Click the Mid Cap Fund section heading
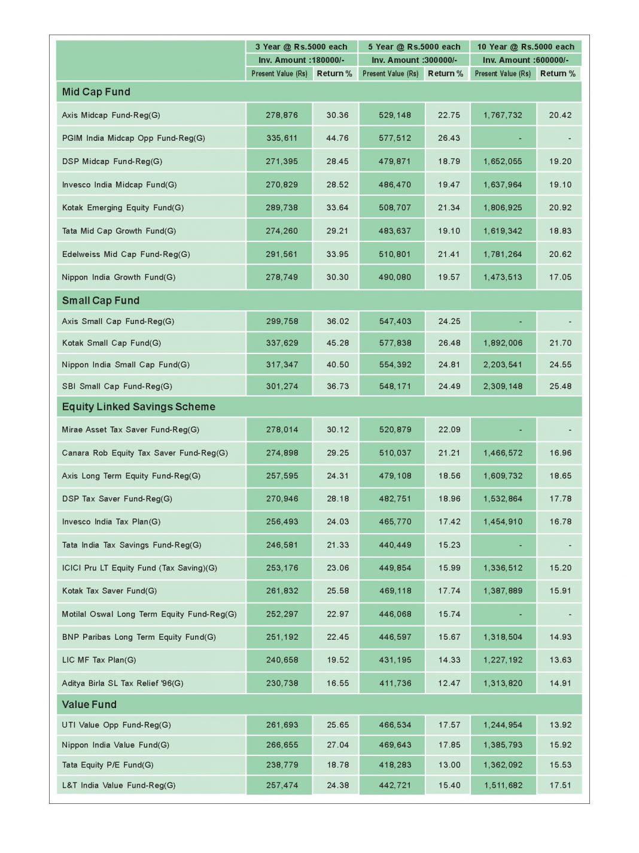[x=96, y=92]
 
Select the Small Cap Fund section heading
[x=101, y=300]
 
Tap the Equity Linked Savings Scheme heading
[x=138, y=407]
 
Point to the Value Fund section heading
[x=89, y=704]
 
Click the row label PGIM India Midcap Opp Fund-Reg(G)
[x=133, y=138]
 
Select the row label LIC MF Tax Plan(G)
[x=99, y=660]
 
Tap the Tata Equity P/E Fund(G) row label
[x=108, y=764]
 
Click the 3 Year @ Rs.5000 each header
[x=301, y=47]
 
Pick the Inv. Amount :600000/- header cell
[x=525, y=60]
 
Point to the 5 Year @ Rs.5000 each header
[x=414, y=47]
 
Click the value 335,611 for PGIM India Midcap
[x=282, y=138]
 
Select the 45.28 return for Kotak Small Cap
[x=337, y=343]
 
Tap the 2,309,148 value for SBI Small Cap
[x=503, y=386]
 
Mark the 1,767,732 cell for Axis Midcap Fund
[x=503, y=115]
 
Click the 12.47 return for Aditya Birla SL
[x=449, y=683]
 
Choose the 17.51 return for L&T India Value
[x=560, y=785]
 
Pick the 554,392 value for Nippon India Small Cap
[x=395, y=364]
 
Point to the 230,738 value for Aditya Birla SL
[x=282, y=683]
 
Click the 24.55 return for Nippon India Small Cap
[x=560, y=364]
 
